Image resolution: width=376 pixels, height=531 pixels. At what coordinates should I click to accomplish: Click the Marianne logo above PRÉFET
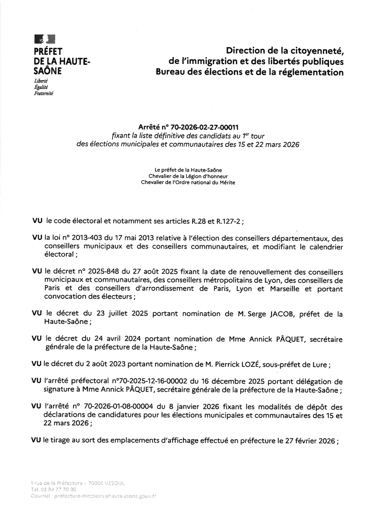[x=45, y=40]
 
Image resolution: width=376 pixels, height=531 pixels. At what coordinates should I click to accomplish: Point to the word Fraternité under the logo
[x=43, y=94]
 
